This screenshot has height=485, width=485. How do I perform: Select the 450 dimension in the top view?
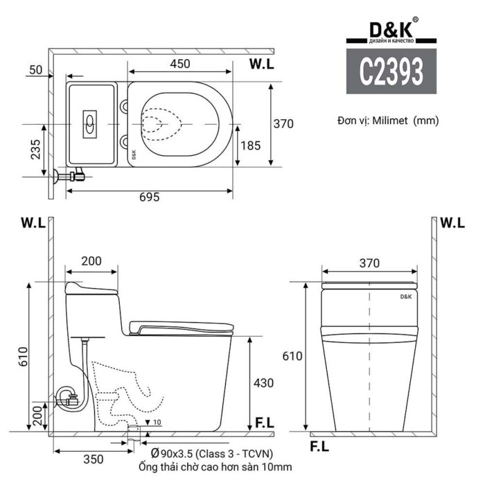pos(180,64)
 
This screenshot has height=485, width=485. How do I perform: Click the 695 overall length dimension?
pos(149,197)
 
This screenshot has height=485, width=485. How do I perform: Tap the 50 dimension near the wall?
pos(36,70)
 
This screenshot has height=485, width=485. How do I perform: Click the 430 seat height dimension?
pos(263,382)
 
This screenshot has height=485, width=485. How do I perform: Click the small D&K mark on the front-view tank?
pos(406,295)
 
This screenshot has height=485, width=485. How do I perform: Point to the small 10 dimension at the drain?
pos(157,421)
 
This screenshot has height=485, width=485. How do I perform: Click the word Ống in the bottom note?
pos(150,468)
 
